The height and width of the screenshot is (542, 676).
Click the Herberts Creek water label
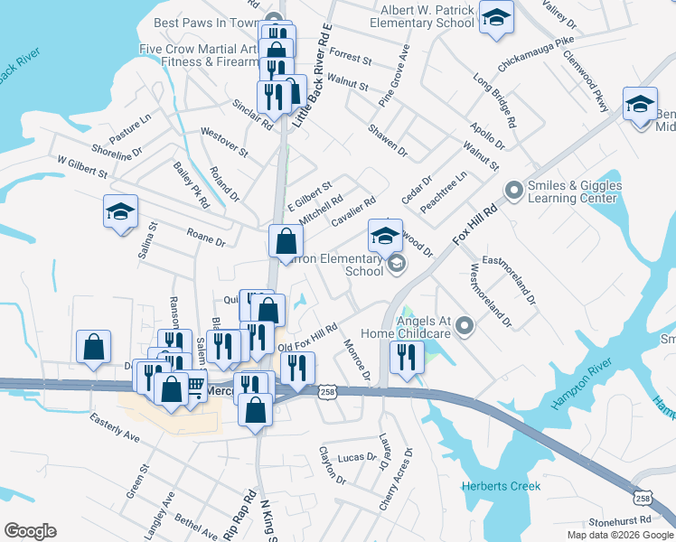tap(501, 486)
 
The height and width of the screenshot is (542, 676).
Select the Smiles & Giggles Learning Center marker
tap(514, 191)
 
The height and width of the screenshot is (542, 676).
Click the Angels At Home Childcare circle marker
tap(465, 325)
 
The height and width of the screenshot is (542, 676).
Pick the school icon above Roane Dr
tap(120, 213)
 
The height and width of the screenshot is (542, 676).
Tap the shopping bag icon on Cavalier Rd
tap(286, 242)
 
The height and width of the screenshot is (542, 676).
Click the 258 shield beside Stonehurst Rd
tap(642, 498)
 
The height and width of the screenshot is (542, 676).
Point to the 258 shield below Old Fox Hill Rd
tap(327, 390)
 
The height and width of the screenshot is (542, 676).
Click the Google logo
tap(30, 530)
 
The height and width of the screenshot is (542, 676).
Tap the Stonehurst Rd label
tap(619, 520)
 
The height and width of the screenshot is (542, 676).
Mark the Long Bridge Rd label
tap(494, 99)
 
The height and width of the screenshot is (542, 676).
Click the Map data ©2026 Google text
tap(619, 535)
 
